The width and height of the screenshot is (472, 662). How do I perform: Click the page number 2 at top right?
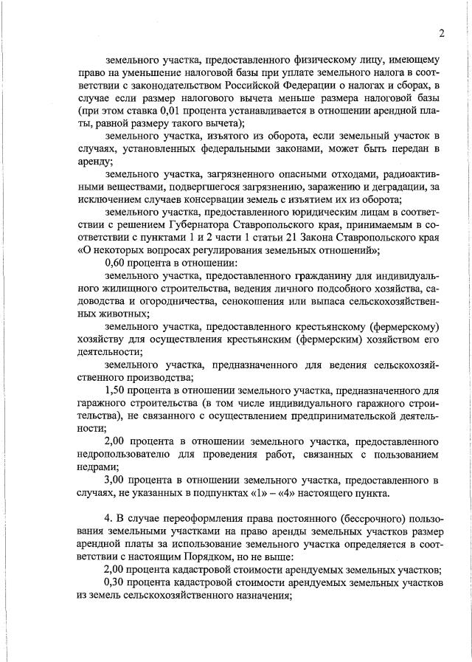440,33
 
